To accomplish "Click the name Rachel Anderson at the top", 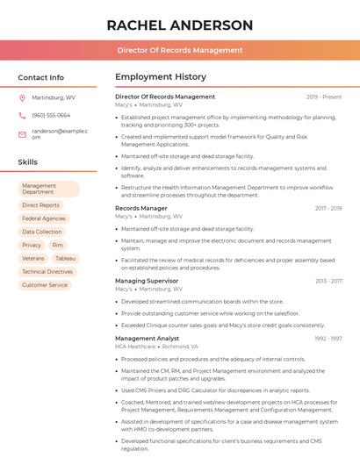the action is click(179, 25).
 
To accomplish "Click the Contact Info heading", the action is click(40, 77).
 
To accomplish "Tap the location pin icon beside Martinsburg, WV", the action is click(22, 97).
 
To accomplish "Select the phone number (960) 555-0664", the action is click(51, 115).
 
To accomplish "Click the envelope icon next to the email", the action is click(22, 133).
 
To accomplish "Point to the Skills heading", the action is click(27, 162).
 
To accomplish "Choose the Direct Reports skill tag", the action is click(40, 205).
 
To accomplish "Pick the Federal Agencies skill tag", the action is click(44, 218).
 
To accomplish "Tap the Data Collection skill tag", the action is click(42, 232).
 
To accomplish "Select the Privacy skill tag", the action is click(32, 246).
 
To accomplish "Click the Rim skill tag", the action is click(57, 246).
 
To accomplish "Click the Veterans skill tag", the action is click(33, 259).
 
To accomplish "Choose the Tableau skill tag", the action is click(65, 259).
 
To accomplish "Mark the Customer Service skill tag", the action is click(45, 285).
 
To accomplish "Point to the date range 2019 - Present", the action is click(324, 97).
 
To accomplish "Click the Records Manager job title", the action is click(140, 208).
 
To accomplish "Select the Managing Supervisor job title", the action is click(146, 281).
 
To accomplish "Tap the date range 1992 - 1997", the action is click(328, 339).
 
